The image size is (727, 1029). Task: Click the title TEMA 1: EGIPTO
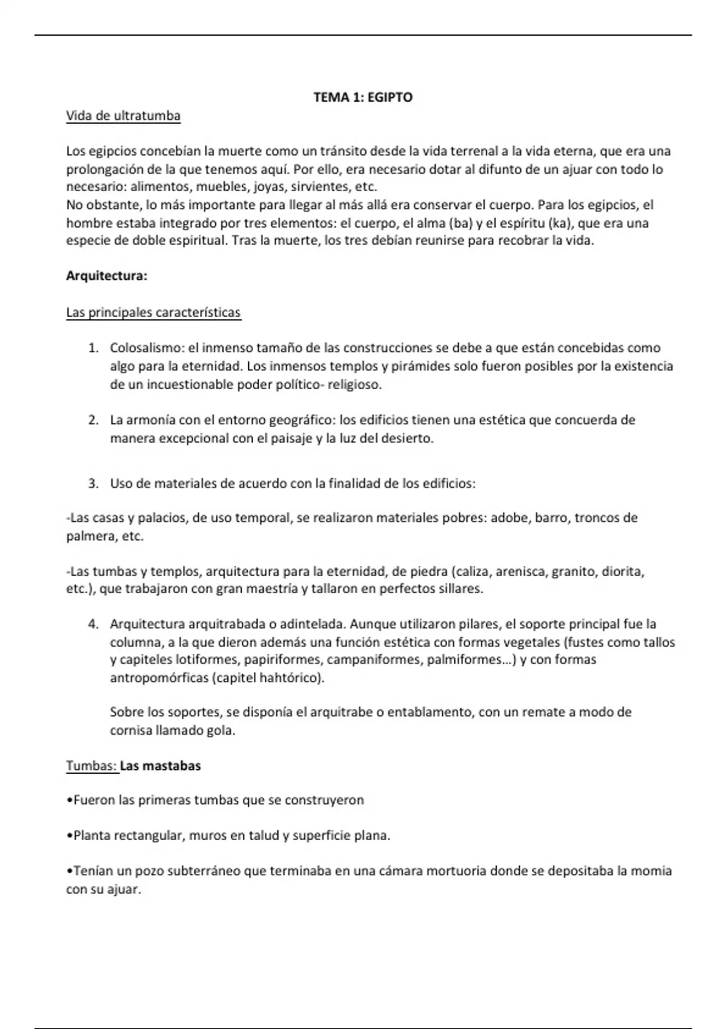[363, 97]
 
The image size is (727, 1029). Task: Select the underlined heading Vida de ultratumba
[123, 116]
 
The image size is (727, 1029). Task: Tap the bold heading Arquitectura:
[107, 277]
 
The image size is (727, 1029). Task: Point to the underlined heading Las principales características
[153, 313]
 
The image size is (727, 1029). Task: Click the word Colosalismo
[146, 349]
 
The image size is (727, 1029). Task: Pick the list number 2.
[93, 420]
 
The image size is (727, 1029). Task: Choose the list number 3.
[93, 484]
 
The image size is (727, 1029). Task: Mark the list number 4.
[93, 624]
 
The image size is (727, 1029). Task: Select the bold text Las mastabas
[161, 766]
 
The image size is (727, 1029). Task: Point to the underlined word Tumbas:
[91, 766]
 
